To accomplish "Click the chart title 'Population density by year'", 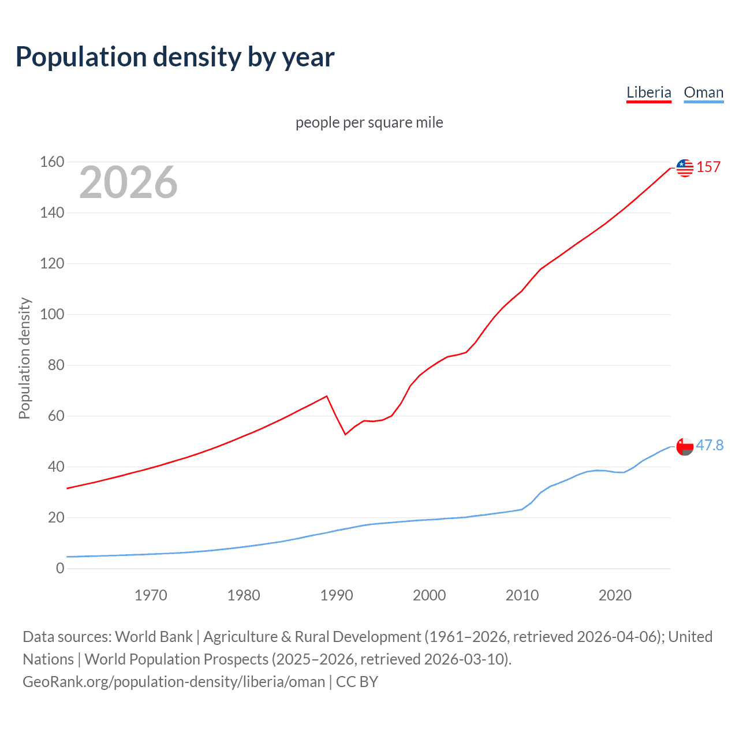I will click(x=175, y=57).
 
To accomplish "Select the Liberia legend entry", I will click(x=649, y=92).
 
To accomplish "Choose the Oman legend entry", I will click(x=703, y=92).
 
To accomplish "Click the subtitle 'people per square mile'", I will click(x=369, y=122).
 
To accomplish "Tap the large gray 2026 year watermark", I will click(x=128, y=182).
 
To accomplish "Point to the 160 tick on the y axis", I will click(x=52, y=162).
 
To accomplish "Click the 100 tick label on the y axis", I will click(x=52, y=315).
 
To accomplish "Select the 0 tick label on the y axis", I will click(x=60, y=569).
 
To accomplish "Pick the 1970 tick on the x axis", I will click(x=151, y=595).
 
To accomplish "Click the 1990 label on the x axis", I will click(x=337, y=595).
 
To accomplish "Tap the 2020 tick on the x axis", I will click(x=615, y=595).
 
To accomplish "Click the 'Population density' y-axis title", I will click(x=24, y=358).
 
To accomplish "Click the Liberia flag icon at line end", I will click(x=685, y=167).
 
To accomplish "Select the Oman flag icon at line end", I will click(x=685, y=446).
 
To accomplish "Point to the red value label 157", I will click(x=708, y=167).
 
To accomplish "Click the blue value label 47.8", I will click(x=710, y=445).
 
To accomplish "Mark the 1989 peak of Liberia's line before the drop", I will click(x=327, y=396).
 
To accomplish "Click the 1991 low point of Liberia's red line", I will click(x=345, y=434).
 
